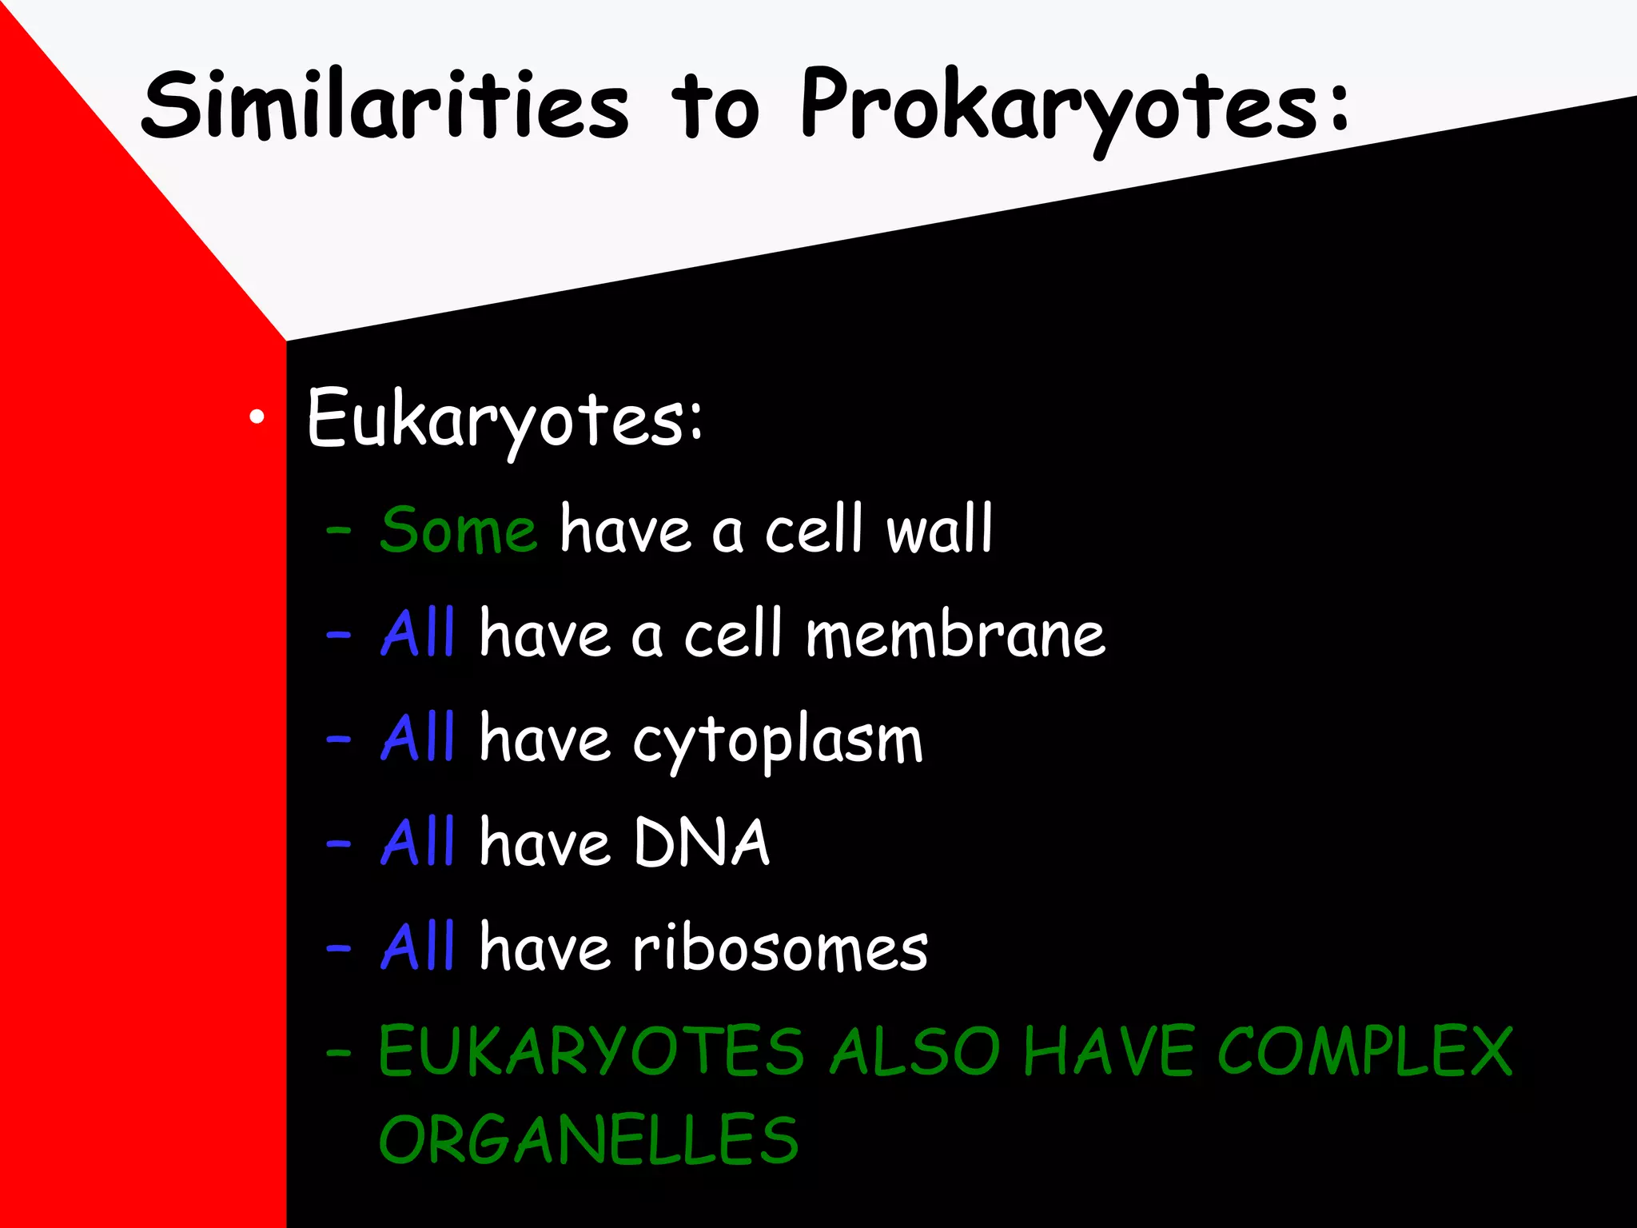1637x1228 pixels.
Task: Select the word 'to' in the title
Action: [714, 108]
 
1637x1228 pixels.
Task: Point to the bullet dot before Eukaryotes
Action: [256, 417]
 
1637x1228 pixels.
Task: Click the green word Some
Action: [458, 530]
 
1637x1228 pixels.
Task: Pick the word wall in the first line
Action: [939, 528]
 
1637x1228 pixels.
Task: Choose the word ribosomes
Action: [780, 948]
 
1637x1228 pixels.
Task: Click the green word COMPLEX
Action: [1364, 1052]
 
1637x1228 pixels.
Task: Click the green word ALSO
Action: [915, 1052]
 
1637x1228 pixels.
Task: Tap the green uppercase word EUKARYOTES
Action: [591, 1052]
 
